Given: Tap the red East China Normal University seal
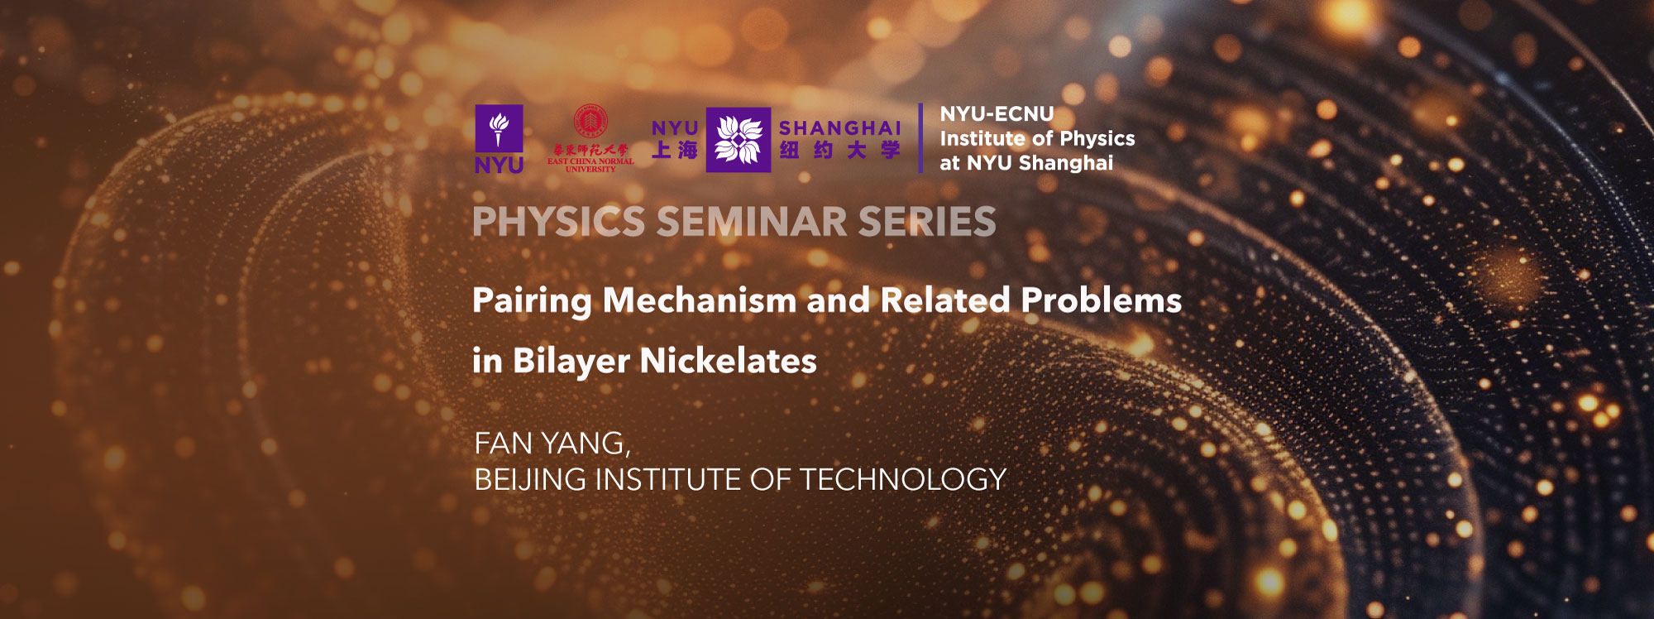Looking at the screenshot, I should [590, 121].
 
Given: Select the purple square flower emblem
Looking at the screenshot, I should [738, 140].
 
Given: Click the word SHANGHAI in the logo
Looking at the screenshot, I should [839, 128].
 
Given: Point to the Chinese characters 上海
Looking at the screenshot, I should [675, 151].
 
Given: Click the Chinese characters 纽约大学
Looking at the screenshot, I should [839, 151].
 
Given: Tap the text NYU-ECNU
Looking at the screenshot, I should [997, 114].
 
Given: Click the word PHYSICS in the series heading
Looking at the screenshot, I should [558, 222].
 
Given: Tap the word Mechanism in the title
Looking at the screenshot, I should [699, 300].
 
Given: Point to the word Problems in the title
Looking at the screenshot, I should [1101, 300].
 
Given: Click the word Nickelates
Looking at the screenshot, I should [728, 362].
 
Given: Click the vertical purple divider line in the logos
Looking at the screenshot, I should [920, 138].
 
